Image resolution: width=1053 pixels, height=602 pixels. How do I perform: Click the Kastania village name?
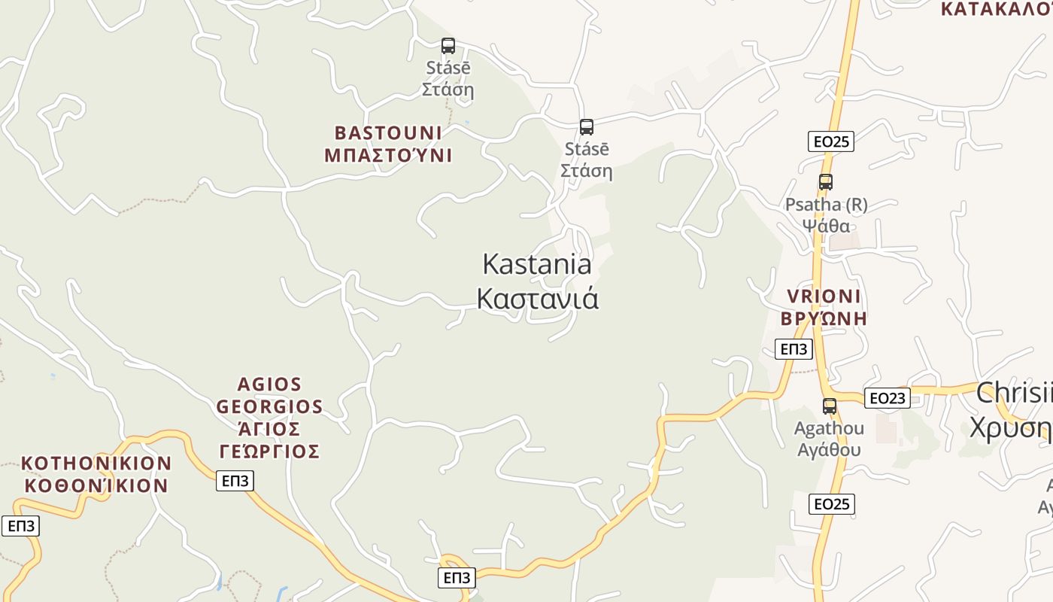coord(536,265)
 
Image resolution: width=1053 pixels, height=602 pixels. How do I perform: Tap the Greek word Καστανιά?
coord(537,299)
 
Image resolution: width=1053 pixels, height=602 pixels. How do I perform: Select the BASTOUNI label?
coord(388,133)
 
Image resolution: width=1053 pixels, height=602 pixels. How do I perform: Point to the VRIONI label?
coord(824,296)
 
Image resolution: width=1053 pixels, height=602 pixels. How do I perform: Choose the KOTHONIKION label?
coord(96,463)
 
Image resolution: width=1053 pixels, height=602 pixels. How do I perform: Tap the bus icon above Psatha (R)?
coord(826,182)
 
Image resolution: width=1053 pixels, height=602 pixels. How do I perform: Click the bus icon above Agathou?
coord(830,406)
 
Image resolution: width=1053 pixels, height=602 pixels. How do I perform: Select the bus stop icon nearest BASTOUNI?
coord(448,46)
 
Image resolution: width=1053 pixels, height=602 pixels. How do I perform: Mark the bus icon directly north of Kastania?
coord(587,127)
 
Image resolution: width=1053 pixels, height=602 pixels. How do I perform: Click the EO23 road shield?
coord(888,398)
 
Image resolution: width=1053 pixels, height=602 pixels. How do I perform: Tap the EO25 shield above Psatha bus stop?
coord(831,141)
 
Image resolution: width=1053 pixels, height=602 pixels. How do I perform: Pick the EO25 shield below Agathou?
coord(832,504)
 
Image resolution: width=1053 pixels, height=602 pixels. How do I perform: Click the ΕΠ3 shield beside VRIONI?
coord(794,349)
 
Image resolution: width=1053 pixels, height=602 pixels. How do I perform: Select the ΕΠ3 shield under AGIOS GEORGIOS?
coord(235,481)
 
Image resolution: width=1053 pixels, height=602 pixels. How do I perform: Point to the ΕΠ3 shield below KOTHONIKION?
coord(20,526)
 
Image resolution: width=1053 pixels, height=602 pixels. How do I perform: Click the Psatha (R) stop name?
coord(826,205)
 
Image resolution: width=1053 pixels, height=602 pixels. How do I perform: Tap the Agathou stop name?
coord(829,429)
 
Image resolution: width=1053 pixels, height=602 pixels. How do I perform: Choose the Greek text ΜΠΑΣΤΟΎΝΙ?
coord(388,156)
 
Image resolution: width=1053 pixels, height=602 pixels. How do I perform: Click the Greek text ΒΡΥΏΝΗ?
coord(824,318)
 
